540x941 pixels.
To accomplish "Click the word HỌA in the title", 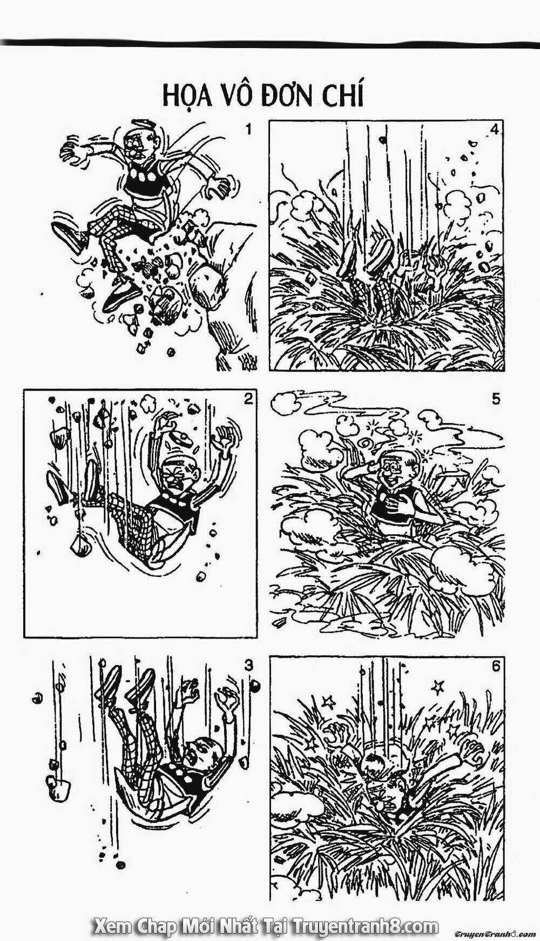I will (186, 97).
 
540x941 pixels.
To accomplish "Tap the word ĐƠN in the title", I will (289, 97).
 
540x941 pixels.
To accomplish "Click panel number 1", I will (248, 130).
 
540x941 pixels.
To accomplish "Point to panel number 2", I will (248, 399).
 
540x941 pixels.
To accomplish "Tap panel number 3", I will (248, 666).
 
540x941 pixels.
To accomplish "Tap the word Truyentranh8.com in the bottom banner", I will (365, 927).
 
